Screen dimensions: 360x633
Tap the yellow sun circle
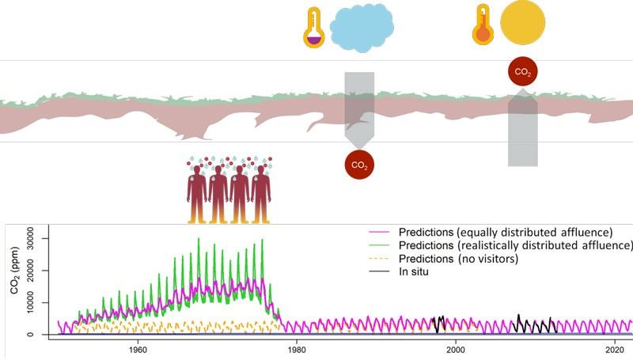(x=522, y=22)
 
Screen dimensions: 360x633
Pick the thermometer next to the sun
(x=483, y=25)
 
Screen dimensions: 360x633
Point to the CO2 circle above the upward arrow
(x=523, y=72)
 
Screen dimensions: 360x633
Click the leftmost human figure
(x=197, y=194)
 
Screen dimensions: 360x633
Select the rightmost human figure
(x=260, y=194)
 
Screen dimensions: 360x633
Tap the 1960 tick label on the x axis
(x=138, y=350)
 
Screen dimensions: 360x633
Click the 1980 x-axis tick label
(x=297, y=350)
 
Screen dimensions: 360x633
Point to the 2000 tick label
(x=456, y=350)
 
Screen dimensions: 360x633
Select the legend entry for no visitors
(x=457, y=260)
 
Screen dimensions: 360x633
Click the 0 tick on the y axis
(x=42, y=335)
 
